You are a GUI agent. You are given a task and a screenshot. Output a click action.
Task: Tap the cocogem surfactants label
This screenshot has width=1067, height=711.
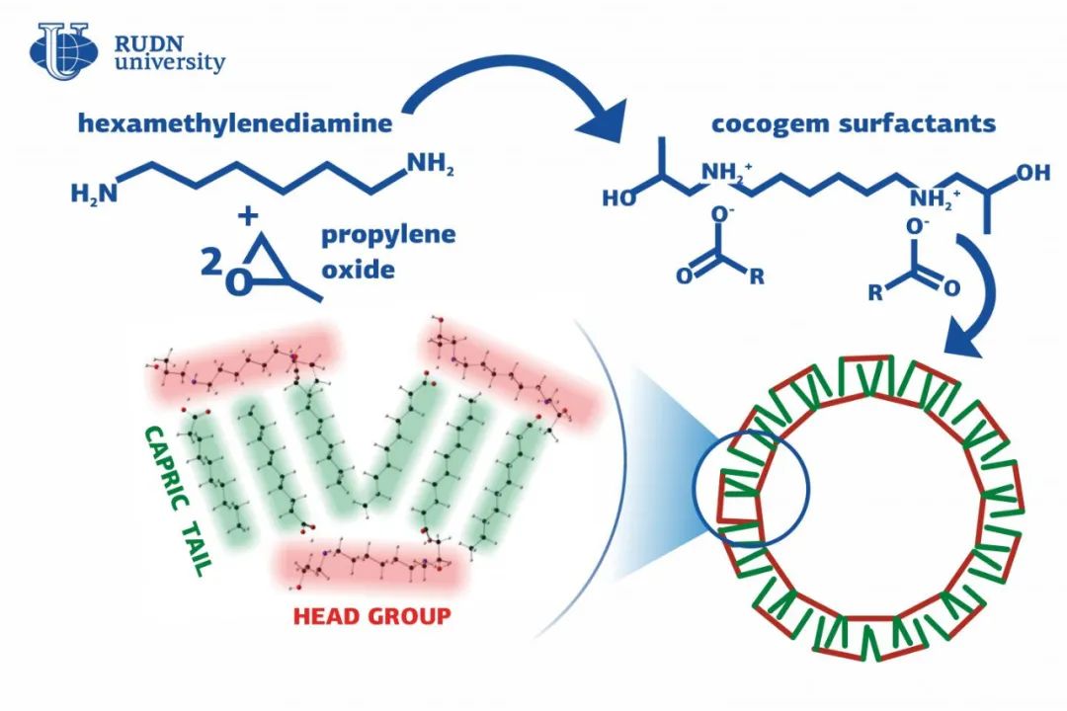[x=853, y=125]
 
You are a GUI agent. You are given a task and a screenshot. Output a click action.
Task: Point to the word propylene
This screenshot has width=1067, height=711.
[x=388, y=236]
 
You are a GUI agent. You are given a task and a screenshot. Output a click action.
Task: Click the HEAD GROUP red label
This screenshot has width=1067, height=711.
[x=371, y=616]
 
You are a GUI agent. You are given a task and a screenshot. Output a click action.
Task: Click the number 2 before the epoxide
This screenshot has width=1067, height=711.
[x=208, y=262]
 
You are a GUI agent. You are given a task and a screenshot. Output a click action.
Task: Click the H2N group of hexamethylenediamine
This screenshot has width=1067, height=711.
[x=93, y=193]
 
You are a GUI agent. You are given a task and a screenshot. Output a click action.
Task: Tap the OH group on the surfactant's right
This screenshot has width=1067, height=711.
[x=1032, y=173]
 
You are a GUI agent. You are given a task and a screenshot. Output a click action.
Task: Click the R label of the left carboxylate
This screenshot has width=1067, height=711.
[x=758, y=277]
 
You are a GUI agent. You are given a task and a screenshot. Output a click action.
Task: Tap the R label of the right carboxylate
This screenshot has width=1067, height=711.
[x=875, y=291]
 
